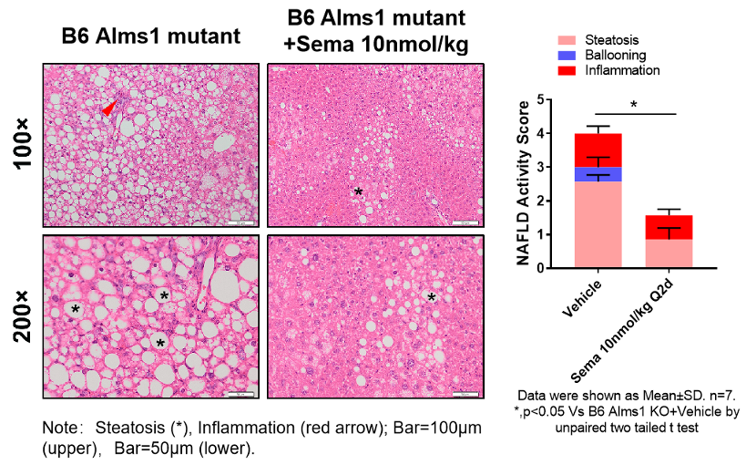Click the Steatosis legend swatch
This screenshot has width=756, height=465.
pyautogui.click(x=568, y=40)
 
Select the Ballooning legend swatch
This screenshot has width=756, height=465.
pyautogui.click(x=568, y=55)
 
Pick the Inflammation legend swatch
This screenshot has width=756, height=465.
pyautogui.click(x=568, y=69)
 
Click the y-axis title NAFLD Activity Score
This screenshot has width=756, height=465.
pyautogui.click(x=523, y=183)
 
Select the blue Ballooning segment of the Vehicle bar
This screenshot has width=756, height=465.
pyautogui.click(x=598, y=174)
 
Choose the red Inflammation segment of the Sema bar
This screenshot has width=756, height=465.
pyautogui.click(x=669, y=227)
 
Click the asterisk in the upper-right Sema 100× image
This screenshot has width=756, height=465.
pyautogui.click(x=358, y=191)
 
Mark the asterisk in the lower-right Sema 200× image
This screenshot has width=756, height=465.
pyautogui.click(x=432, y=296)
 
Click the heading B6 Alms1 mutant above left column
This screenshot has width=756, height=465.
pyautogui.click(x=150, y=36)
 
